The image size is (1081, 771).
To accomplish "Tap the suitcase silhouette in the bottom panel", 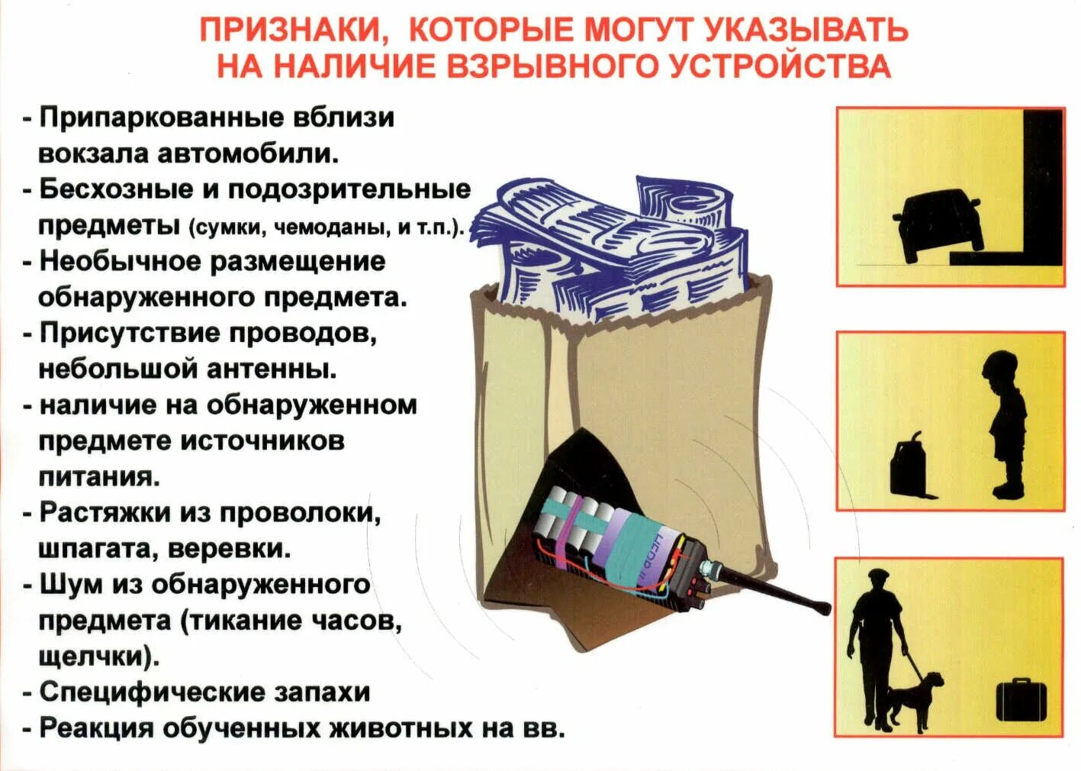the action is pos(1021,699).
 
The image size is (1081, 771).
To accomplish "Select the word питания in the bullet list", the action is pos(98,477).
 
